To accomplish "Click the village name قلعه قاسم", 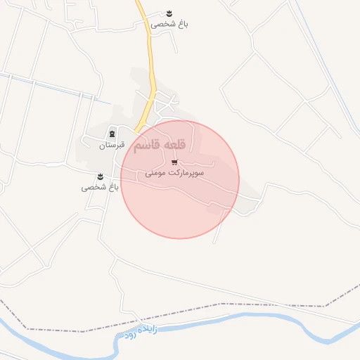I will pyautogui.click(x=160, y=145).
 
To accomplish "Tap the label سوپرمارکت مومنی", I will pyautogui.click(x=175, y=172).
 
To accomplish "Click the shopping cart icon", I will pyautogui.click(x=174, y=162).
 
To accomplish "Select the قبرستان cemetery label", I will pyautogui.click(x=111, y=145).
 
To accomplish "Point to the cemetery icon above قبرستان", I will pyautogui.click(x=112, y=134).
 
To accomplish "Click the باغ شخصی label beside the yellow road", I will pyautogui.click(x=169, y=24).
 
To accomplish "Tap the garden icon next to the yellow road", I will pyautogui.click(x=169, y=13).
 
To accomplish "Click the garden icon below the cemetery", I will pyautogui.click(x=100, y=176).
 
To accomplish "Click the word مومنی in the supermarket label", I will pyautogui.click(x=156, y=172).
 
